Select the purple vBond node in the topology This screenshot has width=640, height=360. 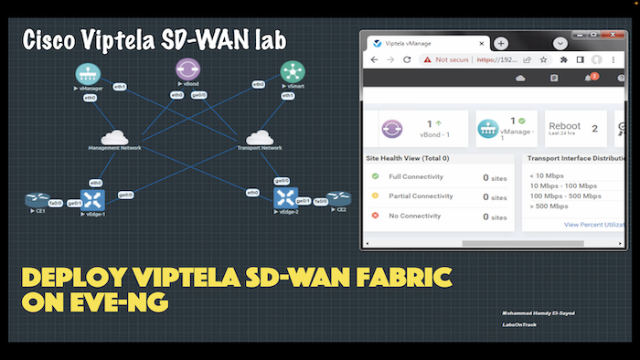tap(188, 69)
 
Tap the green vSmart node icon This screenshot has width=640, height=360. tap(292, 71)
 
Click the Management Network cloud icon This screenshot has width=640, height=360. tap(114, 137)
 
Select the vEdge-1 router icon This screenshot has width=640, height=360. tap(92, 198)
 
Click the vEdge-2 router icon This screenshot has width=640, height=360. tap(287, 196)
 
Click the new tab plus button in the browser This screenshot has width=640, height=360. tap(501, 43)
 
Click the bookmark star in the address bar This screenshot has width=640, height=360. tap(544, 59)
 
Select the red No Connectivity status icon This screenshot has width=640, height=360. tap(375, 217)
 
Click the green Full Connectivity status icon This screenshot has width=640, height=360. tap(375, 176)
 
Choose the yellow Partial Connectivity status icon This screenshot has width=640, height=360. tap(375, 196)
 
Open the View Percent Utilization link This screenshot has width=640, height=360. tap(595, 224)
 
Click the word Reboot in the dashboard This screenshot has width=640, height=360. tap(563, 127)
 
